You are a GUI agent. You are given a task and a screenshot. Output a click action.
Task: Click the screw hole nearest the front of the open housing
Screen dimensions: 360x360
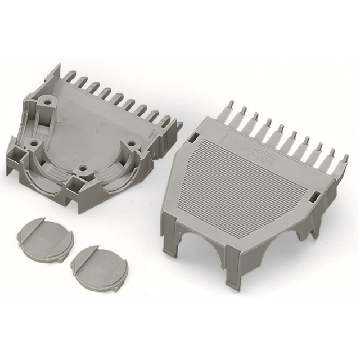click(x=82, y=168)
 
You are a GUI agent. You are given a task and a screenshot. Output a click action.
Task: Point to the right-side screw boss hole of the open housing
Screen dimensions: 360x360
click(x=131, y=144)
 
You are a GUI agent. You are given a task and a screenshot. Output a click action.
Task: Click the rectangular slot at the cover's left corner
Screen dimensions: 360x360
click(x=193, y=137)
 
